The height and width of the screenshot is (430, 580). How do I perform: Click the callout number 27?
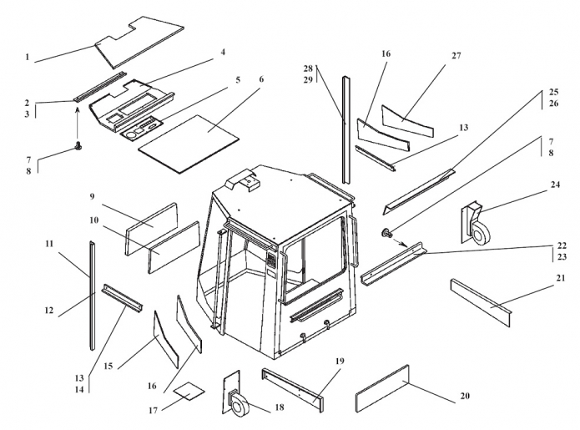pyautogui.click(x=456, y=56)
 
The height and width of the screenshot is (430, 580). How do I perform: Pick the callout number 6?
pyautogui.click(x=261, y=79)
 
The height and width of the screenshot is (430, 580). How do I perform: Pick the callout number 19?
pyautogui.click(x=340, y=361)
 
